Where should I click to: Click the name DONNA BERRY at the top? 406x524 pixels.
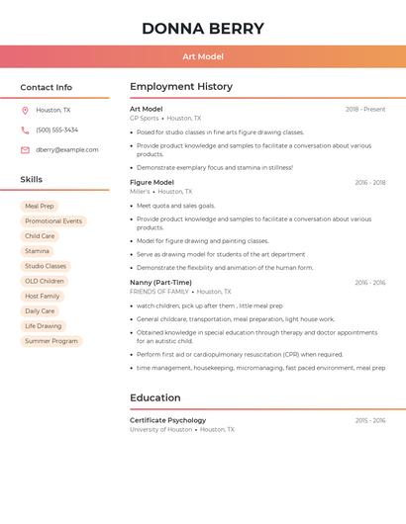point(203,29)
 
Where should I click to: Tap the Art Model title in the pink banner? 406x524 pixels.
point(203,56)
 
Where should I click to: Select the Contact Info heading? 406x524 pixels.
point(47,88)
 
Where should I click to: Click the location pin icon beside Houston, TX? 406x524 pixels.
point(25,111)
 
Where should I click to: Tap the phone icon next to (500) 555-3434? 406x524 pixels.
point(25,131)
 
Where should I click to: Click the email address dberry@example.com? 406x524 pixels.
point(67,150)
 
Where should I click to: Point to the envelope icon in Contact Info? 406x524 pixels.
point(25,150)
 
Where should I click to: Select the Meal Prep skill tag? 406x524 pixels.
point(40,207)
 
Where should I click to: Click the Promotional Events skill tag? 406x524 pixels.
point(53,221)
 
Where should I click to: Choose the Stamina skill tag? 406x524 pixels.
point(37,251)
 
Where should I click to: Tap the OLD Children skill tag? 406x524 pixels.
point(45,281)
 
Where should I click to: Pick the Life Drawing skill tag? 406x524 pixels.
point(44,326)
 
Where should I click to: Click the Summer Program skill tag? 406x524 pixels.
point(51,341)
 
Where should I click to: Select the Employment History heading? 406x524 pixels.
point(181,87)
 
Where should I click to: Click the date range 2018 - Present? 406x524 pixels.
point(365,109)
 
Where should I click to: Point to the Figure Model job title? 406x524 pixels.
point(152,182)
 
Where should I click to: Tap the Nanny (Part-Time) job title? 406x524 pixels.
point(160,283)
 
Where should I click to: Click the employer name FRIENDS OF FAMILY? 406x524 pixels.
point(159,292)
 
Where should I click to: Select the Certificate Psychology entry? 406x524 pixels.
point(168,420)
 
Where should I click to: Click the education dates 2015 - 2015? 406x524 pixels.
point(370,420)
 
